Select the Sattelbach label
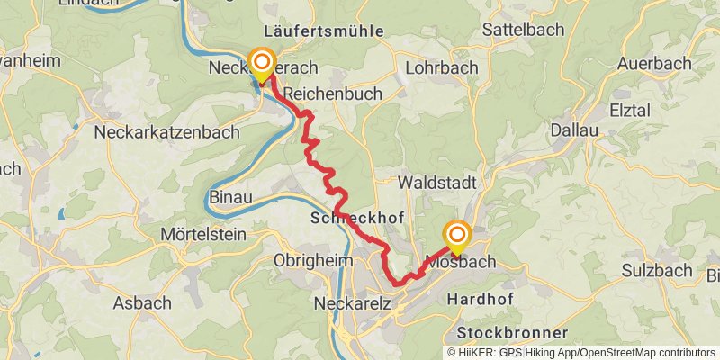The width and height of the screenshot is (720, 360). (524, 29)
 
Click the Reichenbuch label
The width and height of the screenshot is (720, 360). (332, 94)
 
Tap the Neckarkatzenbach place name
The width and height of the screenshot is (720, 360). (167, 132)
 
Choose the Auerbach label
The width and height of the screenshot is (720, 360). (655, 65)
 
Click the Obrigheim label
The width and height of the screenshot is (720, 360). (310, 261)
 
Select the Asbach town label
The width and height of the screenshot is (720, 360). (143, 302)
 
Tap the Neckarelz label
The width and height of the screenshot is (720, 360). (353, 303)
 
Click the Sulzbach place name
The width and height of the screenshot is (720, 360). (656, 270)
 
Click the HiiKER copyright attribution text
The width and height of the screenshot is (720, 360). (580, 352)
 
